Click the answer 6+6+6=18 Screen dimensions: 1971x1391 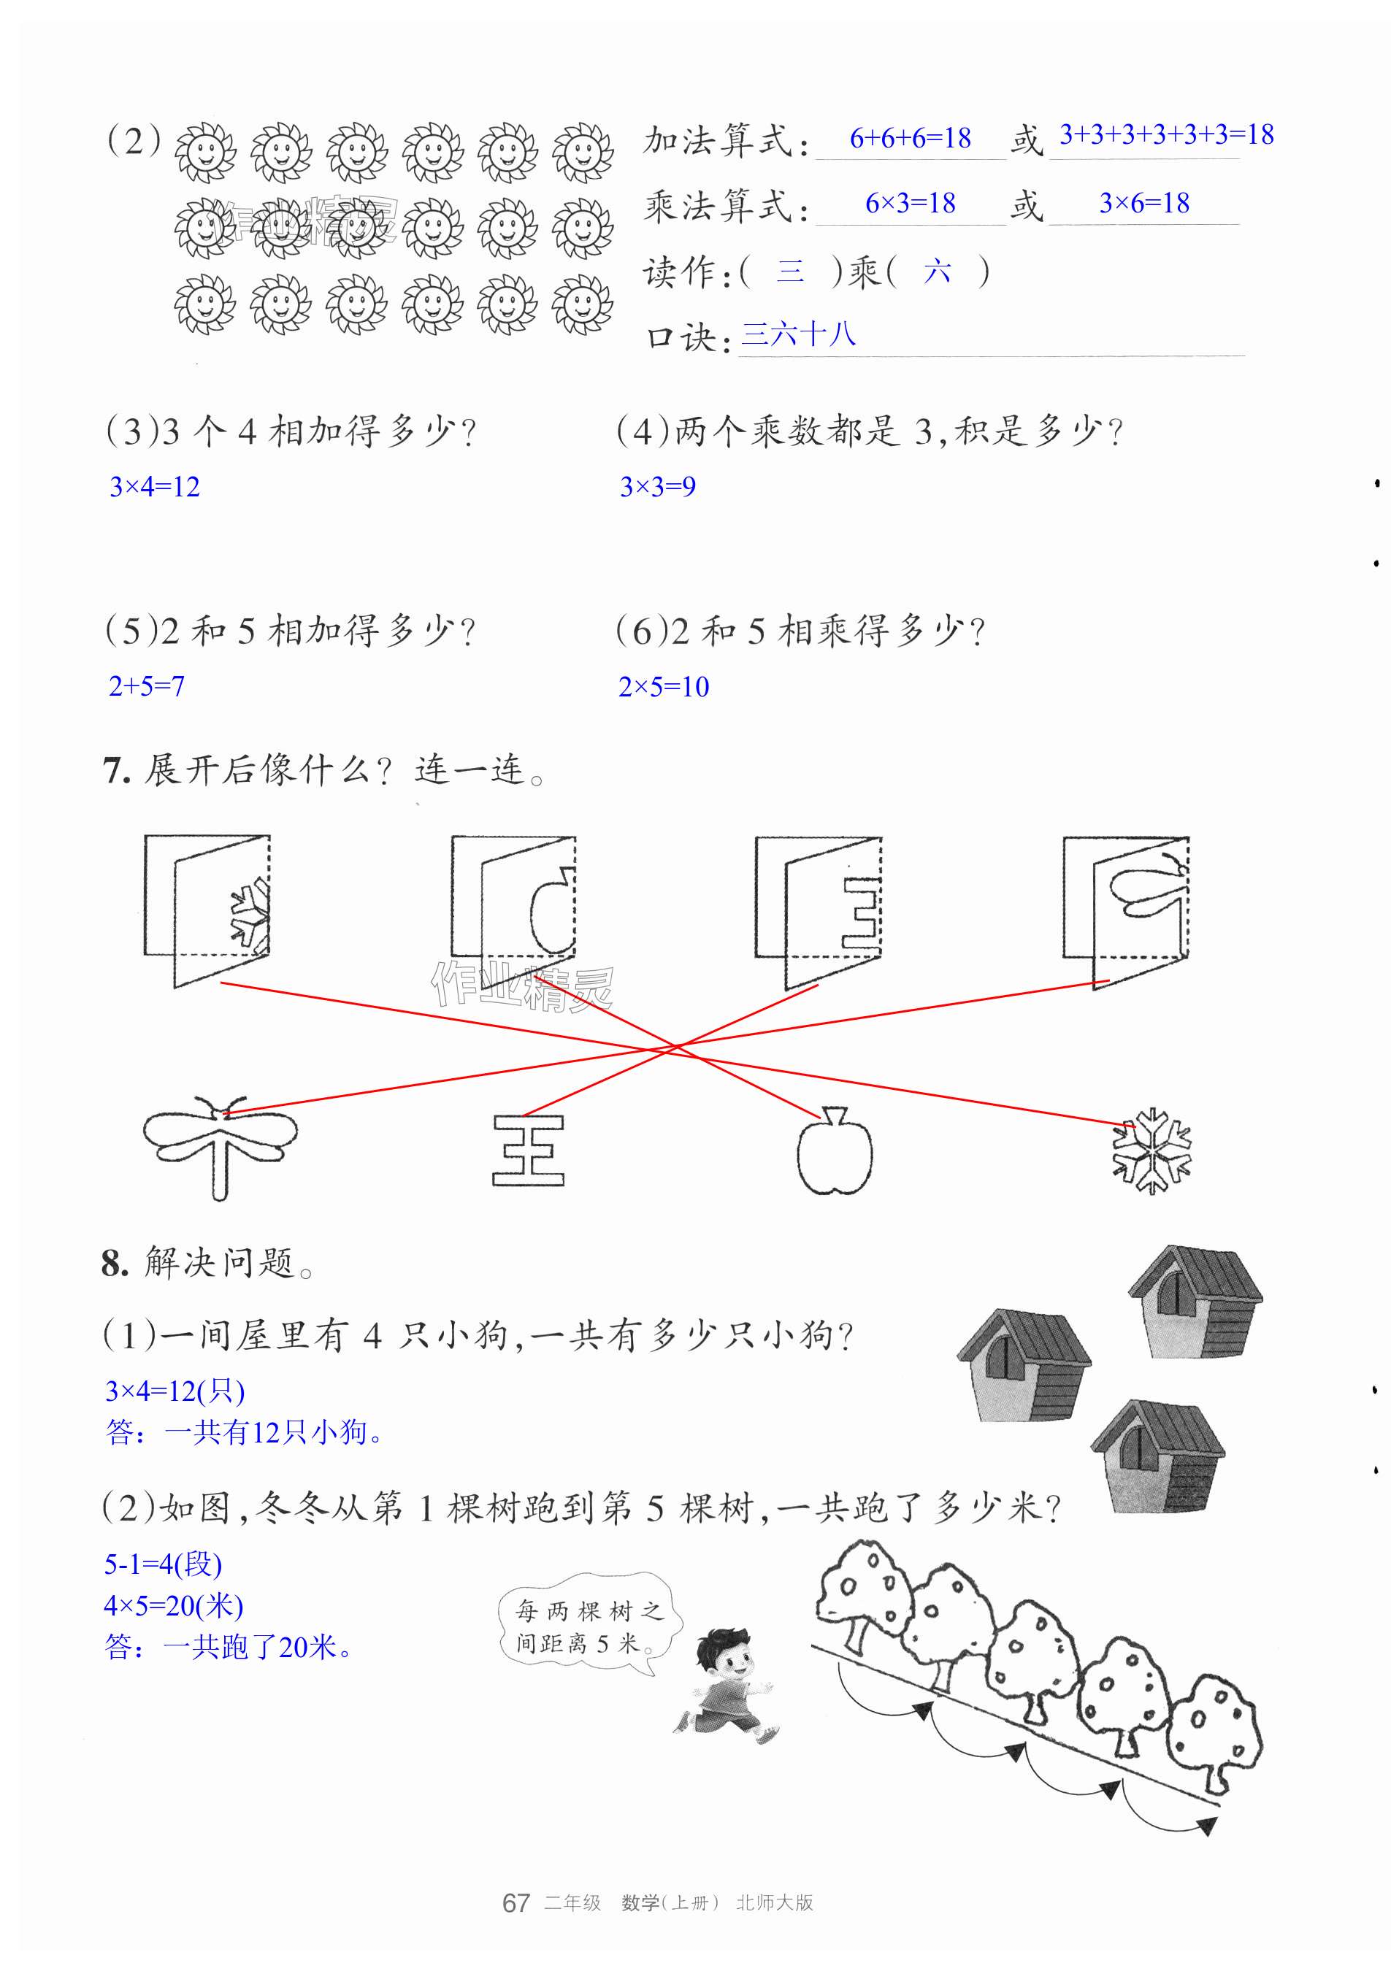pyautogui.click(x=909, y=138)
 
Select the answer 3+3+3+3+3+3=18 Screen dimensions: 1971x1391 pyautogui.click(x=1165, y=135)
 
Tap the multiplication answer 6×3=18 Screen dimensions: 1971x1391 pyautogui.click(x=909, y=204)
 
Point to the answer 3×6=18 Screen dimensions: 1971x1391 pyautogui.click(x=1143, y=204)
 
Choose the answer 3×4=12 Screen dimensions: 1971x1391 pyautogui.click(x=155, y=487)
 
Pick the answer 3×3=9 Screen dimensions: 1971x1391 pyautogui.click(x=658, y=487)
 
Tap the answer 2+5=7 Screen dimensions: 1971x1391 pyautogui.click(x=146, y=686)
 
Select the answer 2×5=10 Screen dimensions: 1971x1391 pyautogui.click(x=664, y=687)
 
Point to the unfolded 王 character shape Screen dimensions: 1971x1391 pyautogui.click(x=528, y=1150)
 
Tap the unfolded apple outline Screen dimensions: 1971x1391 pyautogui.click(x=834, y=1152)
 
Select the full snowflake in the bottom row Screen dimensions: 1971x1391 pyautogui.click(x=1151, y=1151)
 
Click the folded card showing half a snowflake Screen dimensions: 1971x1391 pyautogui.click(x=207, y=910)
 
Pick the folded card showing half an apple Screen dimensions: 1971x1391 pyautogui.click(x=513, y=910)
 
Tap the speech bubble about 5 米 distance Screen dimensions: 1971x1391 pyautogui.click(x=589, y=1626)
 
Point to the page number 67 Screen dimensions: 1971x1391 pyautogui.click(x=516, y=1927)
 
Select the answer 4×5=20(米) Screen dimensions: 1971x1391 pyautogui.click(x=174, y=1605)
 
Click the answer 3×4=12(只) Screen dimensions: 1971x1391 pyautogui.click(x=175, y=1391)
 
